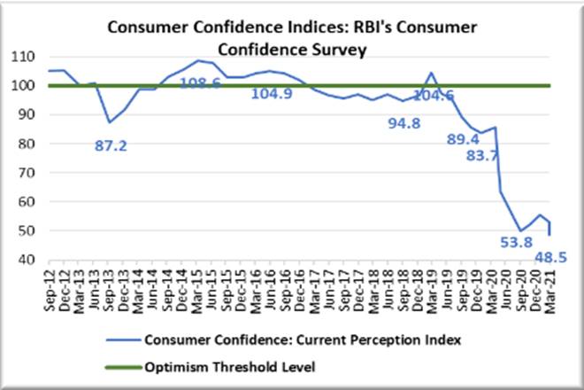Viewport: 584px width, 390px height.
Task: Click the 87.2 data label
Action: [x=111, y=144]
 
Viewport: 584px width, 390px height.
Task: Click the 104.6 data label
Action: [x=446, y=95]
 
